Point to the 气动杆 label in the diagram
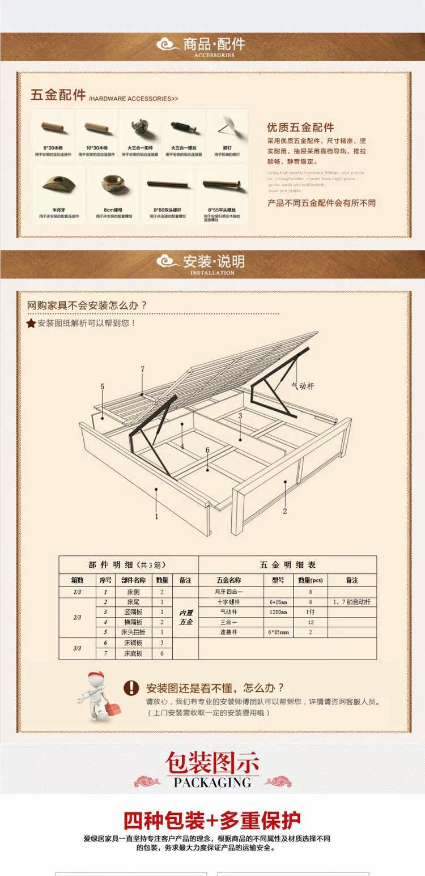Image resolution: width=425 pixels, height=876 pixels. pyautogui.click(x=302, y=386)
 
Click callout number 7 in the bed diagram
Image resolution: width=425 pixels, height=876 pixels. pyautogui.click(x=143, y=369)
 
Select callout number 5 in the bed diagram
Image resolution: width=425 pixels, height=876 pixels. pyautogui.click(x=103, y=386)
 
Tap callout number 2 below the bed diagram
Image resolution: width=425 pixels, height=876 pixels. pyautogui.click(x=285, y=511)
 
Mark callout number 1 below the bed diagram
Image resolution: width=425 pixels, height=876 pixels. pyautogui.click(x=157, y=516)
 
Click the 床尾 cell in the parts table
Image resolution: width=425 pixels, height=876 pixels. pyautogui.click(x=134, y=602)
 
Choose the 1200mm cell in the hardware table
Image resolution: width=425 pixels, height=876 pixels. pyautogui.click(x=278, y=612)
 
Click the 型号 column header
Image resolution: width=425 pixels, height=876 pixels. pyautogui.click(x=278, y=580)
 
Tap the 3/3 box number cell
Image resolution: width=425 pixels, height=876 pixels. pyautogui.click(x=77, y=648)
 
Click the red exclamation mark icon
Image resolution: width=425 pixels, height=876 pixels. pyautogui.click(x=131, y=688)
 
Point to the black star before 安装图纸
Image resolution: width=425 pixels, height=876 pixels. pyautogui.click(x=31, y=324)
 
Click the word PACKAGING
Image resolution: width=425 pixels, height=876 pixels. pyautogui.click(x=212, y=783)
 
